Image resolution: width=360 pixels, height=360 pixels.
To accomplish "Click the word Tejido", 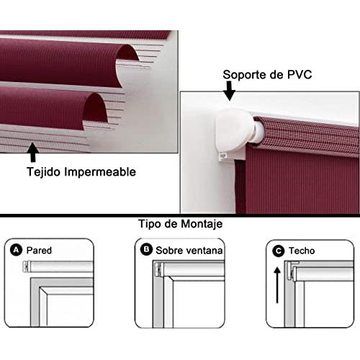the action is coord(43,172).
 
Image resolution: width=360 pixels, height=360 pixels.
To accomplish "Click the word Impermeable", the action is coord(100,172).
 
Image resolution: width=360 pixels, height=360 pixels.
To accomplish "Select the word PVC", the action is coord(300,74).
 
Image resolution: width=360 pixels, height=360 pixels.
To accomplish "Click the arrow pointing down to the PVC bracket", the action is coord(229,91).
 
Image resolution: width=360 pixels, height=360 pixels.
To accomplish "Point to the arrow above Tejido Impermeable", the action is coord(32,152).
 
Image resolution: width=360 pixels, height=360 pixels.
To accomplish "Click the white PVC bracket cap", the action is coord(234,130).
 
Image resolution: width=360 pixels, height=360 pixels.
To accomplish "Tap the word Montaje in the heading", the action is coord(202,224).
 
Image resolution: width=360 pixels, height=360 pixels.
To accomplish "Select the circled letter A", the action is coord(16,251).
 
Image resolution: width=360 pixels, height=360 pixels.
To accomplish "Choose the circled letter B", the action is coord(146,250).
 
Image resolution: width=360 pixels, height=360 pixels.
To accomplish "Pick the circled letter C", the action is coord(279,251).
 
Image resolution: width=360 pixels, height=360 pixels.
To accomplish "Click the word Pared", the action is coord(39,251).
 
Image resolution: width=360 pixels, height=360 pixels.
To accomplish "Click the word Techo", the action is coord(302,251).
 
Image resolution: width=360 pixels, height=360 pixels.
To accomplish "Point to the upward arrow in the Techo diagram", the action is coord(277,285).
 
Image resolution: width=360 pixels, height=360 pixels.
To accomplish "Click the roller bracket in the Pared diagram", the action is coord(26,266).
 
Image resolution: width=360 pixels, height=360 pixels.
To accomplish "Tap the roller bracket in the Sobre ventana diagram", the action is coord(158,269).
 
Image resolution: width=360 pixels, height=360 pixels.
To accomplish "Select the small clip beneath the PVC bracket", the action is coord(222,157).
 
